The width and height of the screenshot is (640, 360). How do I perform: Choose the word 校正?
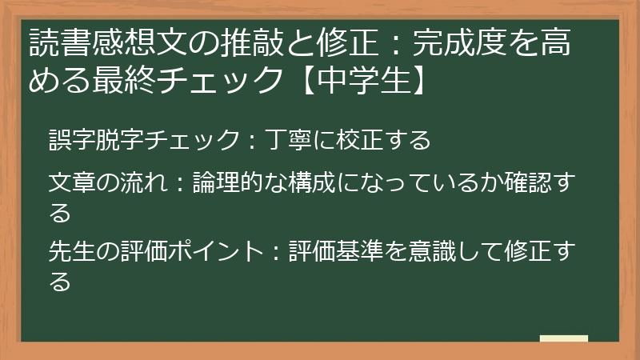[x=364, y=141]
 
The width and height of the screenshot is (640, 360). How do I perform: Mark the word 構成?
[x=307, y=183]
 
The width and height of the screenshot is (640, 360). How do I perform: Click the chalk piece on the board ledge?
[x=564, y=338]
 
